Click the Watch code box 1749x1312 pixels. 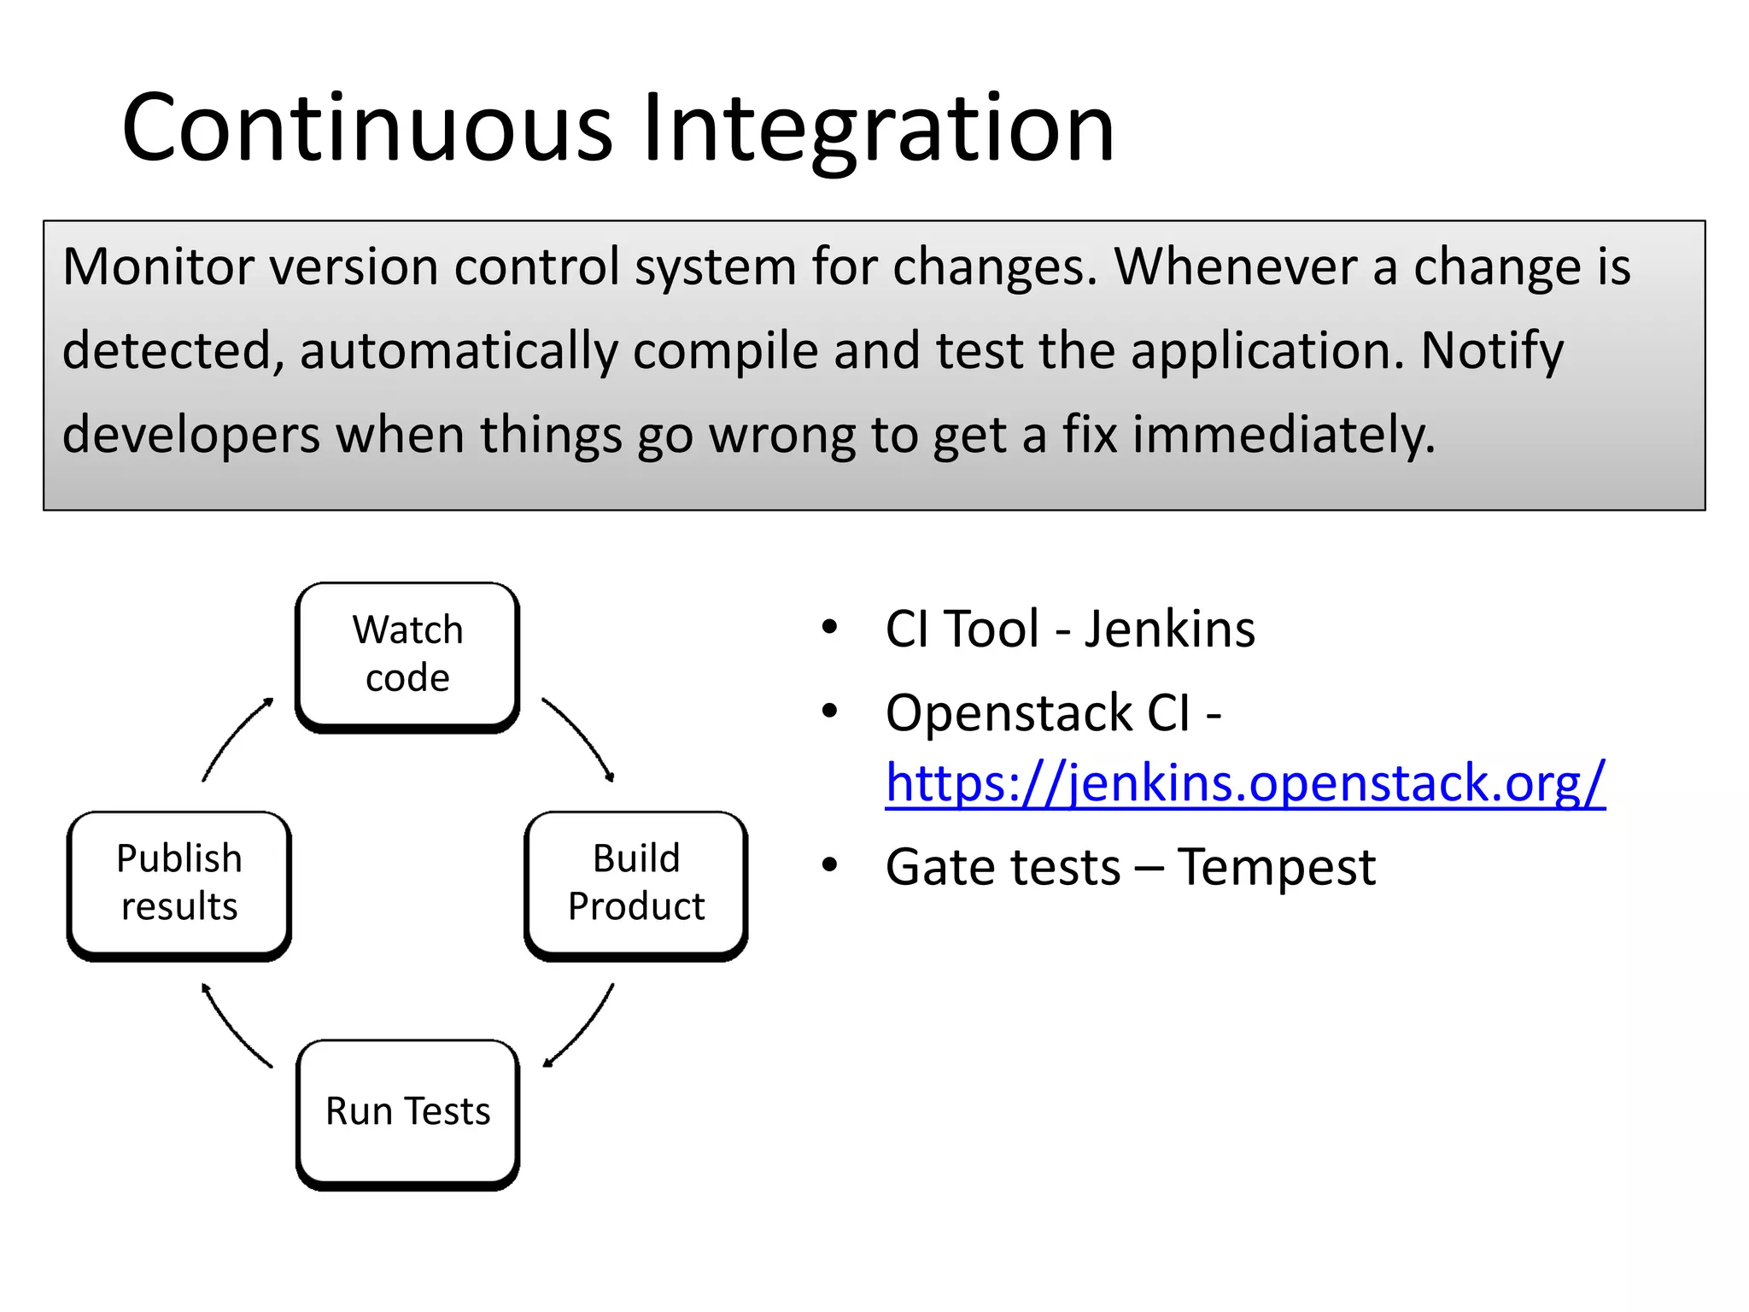point(407,655)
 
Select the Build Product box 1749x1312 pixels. point(636,883)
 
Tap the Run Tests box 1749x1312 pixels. point(407,1112)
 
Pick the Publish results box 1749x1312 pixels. point(179,883)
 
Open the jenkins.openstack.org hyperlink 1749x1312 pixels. point(1245,782)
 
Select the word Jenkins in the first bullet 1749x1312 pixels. point(1169,630)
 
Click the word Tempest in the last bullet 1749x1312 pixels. point(1276,868)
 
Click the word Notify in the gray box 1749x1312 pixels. point(1492,350)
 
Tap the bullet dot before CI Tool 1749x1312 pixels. point(829,628)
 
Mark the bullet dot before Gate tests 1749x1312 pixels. point(829,865)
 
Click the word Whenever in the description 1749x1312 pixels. point(1235,266)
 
